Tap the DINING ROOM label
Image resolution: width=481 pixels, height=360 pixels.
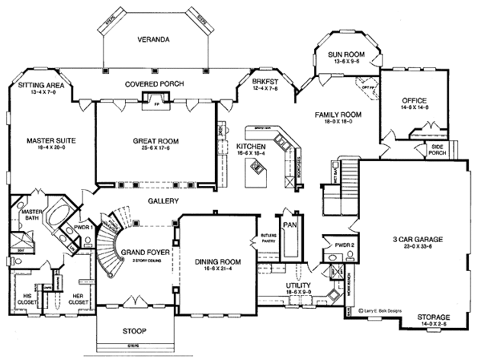coord(216,261)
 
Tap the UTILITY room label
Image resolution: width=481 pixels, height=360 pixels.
coord(298,285)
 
